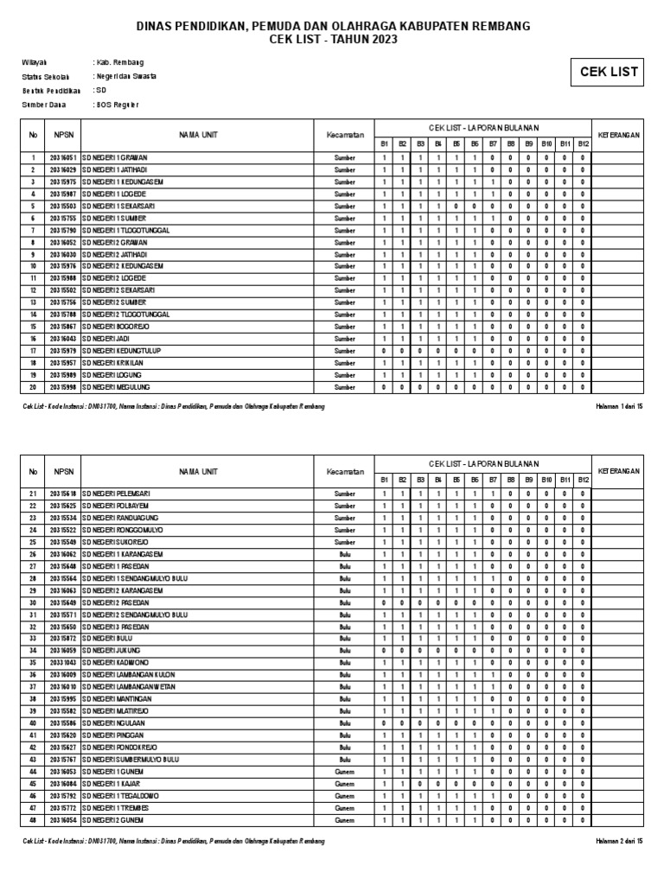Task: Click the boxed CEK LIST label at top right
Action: click(x=608, y=72)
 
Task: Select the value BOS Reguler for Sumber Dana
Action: click(x=117, y=105)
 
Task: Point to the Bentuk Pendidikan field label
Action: click(x=51, y=91)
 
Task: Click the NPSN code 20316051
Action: click(x=63, y=158)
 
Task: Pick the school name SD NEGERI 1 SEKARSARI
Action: click(x=118, y=207)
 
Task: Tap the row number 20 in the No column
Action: click(x=33, y=387)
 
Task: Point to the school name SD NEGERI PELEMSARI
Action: click(x=117, y=493)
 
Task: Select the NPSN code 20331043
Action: click(x=63, y=662)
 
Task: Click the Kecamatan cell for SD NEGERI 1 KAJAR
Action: click(x=344, y=783)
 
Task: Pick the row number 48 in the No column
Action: click(x=33, y=819)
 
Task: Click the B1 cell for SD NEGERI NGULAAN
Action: click(x=383, y=723)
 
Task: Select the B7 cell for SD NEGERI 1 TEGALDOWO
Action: click(x=492, y=795)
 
